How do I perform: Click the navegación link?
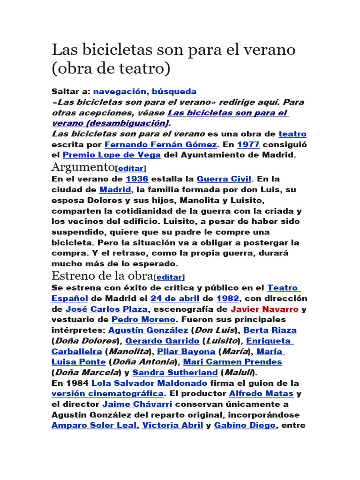[x=120, y=91]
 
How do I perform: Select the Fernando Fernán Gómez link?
[x=161, y=145]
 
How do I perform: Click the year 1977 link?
[x=248, y=145]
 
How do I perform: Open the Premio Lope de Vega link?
[x=112, y=155]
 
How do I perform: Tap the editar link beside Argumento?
[x=131, y=168]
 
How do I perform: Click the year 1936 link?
[x=137, y=179]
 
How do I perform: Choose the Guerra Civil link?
[x=224, y=179]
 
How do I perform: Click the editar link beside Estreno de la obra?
[x=170, y=277]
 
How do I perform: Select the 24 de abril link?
[x=175, y=299]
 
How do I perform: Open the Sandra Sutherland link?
[x=175, y=373]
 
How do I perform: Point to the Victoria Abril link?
[x=172, y=426]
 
